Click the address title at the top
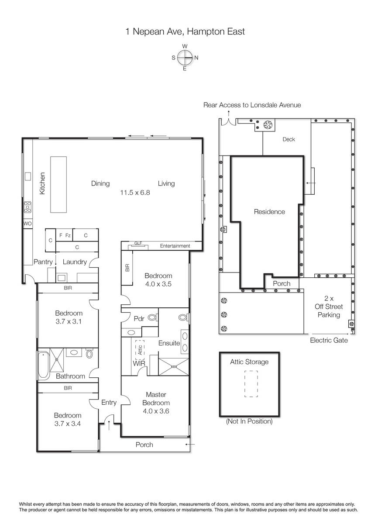click(x=185, y=31)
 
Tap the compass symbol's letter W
click(x=185, y=46)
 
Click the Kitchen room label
click(x=42, y=183)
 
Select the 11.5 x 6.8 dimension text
click(x=135, y=193)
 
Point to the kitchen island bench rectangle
click(x=58, y=185)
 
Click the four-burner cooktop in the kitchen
click(x=27, y=207)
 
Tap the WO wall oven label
click(x=27, y=224)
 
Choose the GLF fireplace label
click(x=138, y=243)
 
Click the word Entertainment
click(x=175, y=246)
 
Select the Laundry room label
click(x=75, y=262)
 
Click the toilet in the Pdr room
click(x=153, y=317)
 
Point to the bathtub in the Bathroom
click(x=43, y=365)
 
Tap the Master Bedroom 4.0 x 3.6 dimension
click(x=156, y=411)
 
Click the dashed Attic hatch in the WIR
click(x=140, y=350)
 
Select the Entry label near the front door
click(x=109, y=402)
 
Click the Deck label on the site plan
click(x=289, y=139)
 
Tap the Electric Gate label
click(x=329, y=340)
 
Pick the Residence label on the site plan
click(x=269, y=212)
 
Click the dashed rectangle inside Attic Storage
click(x=251, y=384)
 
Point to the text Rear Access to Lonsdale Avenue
click(x=252, y=105)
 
